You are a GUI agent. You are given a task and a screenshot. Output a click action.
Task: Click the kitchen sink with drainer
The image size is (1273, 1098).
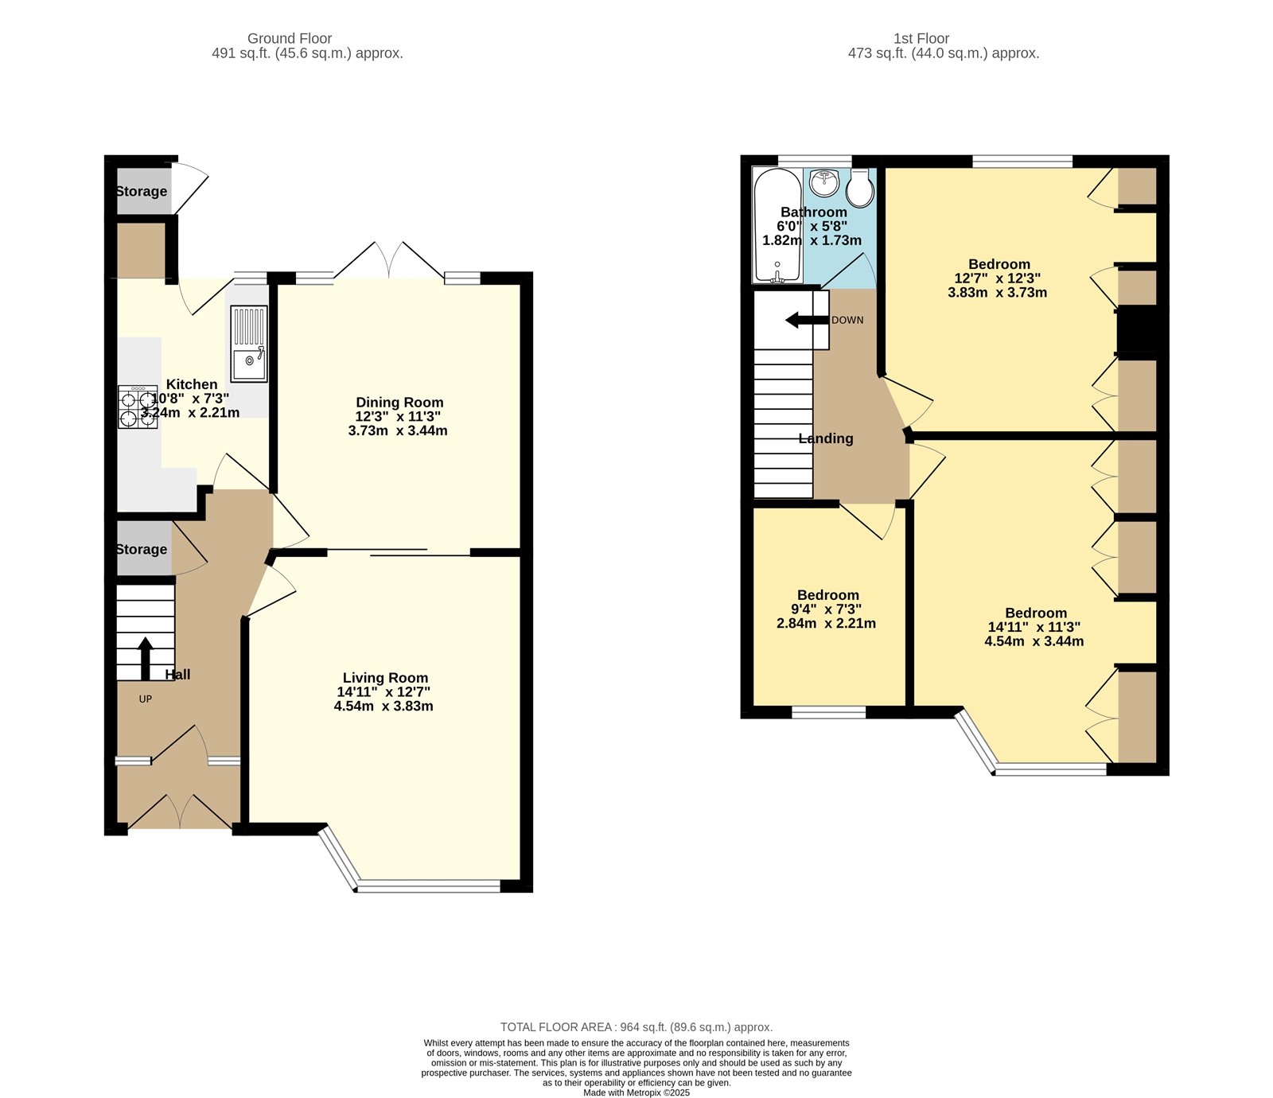(x=249, y=344)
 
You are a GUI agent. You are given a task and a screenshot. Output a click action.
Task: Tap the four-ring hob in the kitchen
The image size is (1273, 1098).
(x=138, y=407)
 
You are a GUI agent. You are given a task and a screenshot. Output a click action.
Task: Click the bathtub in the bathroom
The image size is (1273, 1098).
(x=778, y=226)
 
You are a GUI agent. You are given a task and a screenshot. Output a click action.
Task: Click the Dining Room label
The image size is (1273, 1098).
(x=399, y=403)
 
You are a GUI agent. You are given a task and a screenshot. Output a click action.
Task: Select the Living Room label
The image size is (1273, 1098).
(x=385, y=678)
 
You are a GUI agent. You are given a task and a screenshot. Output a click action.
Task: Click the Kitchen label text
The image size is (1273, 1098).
(x=192, y=384)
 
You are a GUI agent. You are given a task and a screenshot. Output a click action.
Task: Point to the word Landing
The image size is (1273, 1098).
(x=826, y=438)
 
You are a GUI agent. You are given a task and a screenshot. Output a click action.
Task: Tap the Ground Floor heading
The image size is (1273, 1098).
(x=290, y=38)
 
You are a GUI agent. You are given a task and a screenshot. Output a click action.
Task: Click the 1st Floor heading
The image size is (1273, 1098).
(x=921, y=38)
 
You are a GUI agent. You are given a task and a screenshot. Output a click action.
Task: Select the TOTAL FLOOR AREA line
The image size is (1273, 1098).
(x=636, y=1027)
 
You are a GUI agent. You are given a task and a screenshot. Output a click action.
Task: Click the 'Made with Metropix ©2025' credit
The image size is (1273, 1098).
(x=636, y=1092)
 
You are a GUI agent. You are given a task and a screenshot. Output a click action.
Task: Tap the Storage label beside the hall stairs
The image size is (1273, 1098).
(x=142, y=549)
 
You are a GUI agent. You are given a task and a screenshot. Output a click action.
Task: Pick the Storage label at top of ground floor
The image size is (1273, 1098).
(x=142, y=191)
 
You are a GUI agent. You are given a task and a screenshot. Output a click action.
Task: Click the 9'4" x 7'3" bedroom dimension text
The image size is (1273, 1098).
(x=827, y=609)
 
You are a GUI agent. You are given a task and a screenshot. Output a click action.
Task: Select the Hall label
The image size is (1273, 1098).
(x=177, y=675)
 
